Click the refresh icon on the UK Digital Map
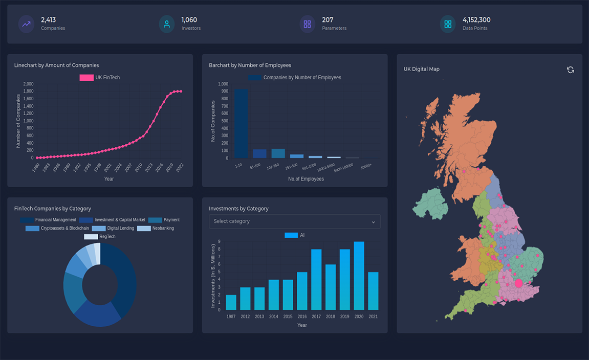pyautogui.click(x=570, y=70)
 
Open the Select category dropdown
pyautogui.click(x=294, y=221)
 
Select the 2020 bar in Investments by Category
pyautogui.click(x=359, y=276)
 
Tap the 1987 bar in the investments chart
pyautogui.click(x=231, y=302)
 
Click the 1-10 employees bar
pyautogui.click(x=241, y=123)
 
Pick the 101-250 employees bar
pyautogui.click(x=278, y=153)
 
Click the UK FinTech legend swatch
pyautogui.click(x=86, y=78)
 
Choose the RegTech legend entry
pyautogui.click(x=100, y=237)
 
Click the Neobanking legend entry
pyautogui.click(x=156, y=228)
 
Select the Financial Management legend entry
pyautogui.click(x=48, y=220)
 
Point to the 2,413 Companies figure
pyautogui.click(x=48, y=20)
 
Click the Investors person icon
pyautogui.click(x=166, y=24)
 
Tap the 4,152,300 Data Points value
pyautogui.click(x=476, y=20)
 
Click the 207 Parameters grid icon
pyautogui.click(x=307, y=24)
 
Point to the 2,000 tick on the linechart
pyautogui.click(x=28, y=84)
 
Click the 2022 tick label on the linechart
pyautogui.click(x=180, y=167)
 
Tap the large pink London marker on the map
pyautogui.click(x=518, y=283)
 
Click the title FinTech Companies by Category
pyautogui.click(x=53, y=209)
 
